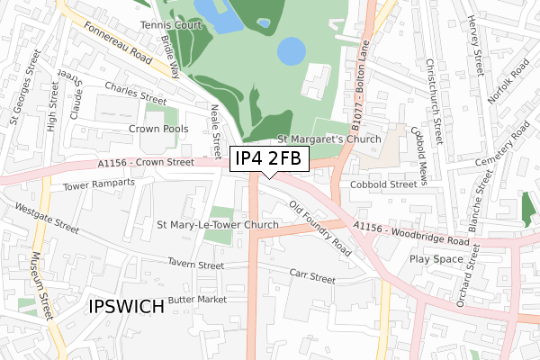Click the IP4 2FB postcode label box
pyautogui.click(x=270, y=159)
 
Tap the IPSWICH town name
pyautogui.click(x=127, y=306)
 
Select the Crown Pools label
pyautogui.click(x=158, y=130)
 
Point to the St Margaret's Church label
pyautogui.click(x=328, y=139)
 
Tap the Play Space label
pyautogui.click(x=436, y=258)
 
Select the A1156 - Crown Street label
pyautogui.click(x=147, y=163)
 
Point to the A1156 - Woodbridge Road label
pyautogui.click(x=410, y=235)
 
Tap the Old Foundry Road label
pyautogui.click(x=320, y=228)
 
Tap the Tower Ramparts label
pyautogui.click(x=99, y=185)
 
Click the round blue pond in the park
pyautogui.click(x=291, y=51)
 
